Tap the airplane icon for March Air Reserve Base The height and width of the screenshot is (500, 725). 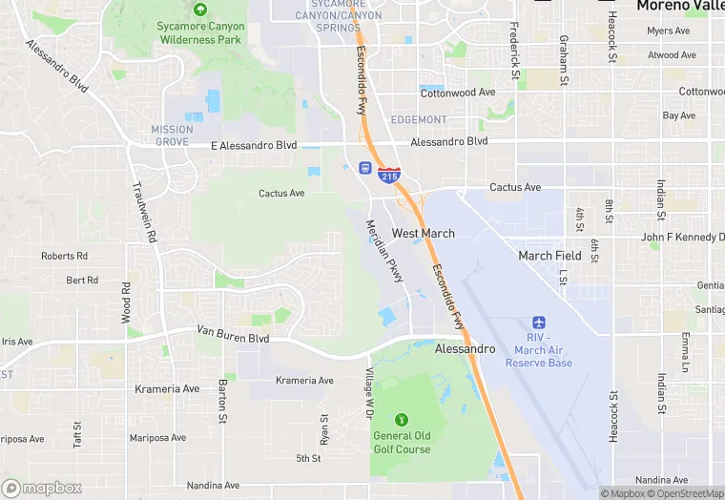pos(539,323)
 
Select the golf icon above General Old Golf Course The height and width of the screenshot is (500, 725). pos(402,419)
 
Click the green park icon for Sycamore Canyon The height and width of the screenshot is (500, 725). pos(200,10)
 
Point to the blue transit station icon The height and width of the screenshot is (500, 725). pos(364,169)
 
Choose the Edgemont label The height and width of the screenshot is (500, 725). pos(418,119)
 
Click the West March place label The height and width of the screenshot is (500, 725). pos(424,233)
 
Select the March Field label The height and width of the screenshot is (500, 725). pos(549,256)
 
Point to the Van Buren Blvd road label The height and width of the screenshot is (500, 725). pos(233,335)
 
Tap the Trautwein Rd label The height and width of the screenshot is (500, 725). pos(145,213)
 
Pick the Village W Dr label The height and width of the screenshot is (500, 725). pos(367,390)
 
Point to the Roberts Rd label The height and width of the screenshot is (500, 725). pos(64,256)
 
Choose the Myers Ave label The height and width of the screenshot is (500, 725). pos(668,31)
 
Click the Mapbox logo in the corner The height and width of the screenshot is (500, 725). pos(42,488)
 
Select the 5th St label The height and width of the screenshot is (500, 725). pos(308,459)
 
